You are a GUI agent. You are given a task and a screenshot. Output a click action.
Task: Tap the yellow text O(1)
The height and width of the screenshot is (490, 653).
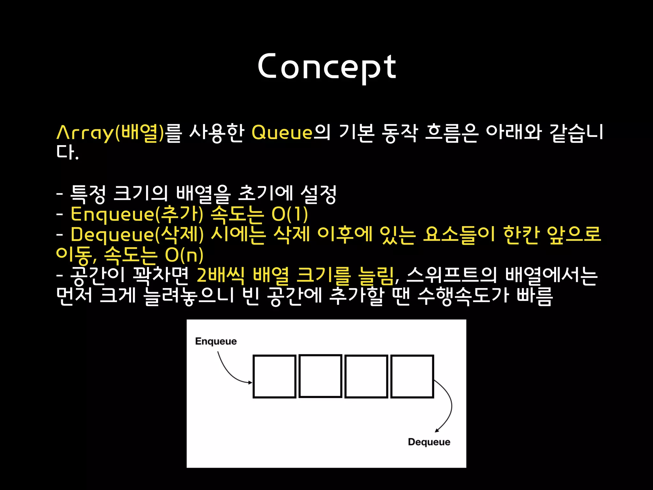tap(290, 214)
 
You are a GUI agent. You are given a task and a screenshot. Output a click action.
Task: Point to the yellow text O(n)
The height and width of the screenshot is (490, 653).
tap(184, 255)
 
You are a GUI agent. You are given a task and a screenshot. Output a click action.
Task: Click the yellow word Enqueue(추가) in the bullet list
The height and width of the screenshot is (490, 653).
tap(137, 214)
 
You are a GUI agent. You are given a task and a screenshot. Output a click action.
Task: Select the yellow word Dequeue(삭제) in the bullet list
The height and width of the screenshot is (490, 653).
tap(137, 234)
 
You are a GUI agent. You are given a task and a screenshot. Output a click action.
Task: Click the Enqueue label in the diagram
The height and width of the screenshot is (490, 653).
tap(216, 341)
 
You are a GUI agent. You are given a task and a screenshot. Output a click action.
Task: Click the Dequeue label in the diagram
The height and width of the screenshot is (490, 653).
tap(429, 442)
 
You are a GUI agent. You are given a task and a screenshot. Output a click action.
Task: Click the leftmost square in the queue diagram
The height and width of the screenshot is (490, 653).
tap(275, 376)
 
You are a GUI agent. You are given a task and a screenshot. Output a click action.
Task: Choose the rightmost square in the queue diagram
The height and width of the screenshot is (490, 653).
tap(412, 376)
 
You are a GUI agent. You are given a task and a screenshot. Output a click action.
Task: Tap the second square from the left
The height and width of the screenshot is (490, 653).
tap(320, 376)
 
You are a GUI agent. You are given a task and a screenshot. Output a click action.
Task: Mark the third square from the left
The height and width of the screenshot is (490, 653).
tap(366, 376)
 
